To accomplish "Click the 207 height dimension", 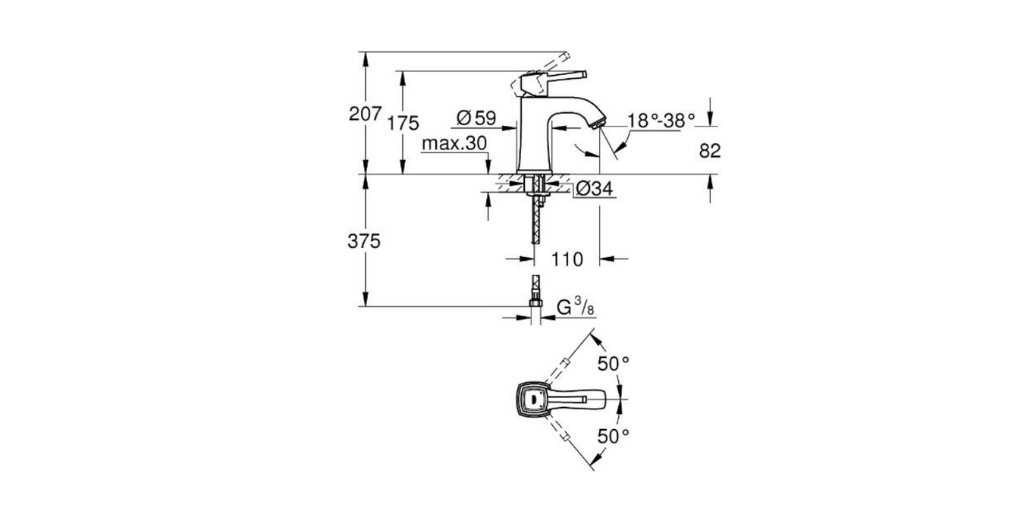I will (364, 114).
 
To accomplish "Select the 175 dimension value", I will (403, 124).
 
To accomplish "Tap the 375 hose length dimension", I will (364, 241).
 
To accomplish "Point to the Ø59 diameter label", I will (476, 118).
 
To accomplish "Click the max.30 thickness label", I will (454, 144).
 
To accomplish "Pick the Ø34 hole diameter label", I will (594, 190).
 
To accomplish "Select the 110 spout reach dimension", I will (567, 259).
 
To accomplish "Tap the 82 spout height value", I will (709, 151).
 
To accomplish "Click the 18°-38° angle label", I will (661, 120).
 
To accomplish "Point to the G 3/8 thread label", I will (574, 307).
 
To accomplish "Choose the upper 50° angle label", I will (614, 363).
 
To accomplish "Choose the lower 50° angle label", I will (614, 436).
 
